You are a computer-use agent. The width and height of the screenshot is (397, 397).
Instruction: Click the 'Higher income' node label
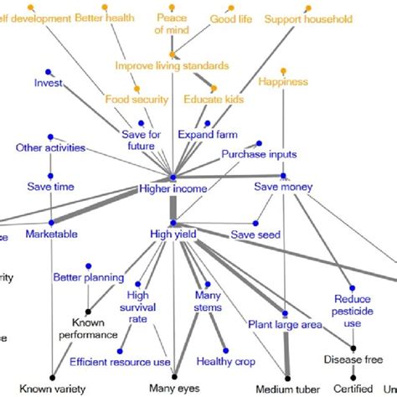(173, 189)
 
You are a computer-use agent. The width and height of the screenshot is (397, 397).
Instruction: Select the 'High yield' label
(173, 235)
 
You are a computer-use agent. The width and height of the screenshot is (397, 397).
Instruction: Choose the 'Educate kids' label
(212, 100)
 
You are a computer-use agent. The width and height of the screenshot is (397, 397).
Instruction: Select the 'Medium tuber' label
(285, 387)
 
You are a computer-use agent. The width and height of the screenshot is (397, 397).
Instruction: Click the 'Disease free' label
(353, 359)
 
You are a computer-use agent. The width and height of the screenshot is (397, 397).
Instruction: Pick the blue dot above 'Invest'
(49, 70)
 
